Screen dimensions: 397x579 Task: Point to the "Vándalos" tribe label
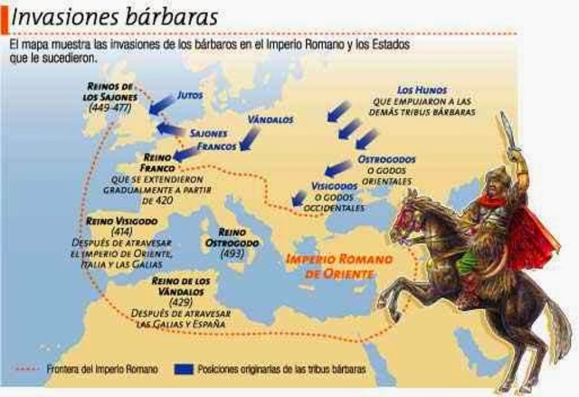click(x=270, y=118)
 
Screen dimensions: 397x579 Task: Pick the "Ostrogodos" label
click(x=386, y=159)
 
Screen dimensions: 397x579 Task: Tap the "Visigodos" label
click(x=336, y=185)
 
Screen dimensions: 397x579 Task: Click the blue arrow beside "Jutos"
click(x=163, y=103)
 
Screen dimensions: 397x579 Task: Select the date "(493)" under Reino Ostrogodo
click(x=232, y=254)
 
